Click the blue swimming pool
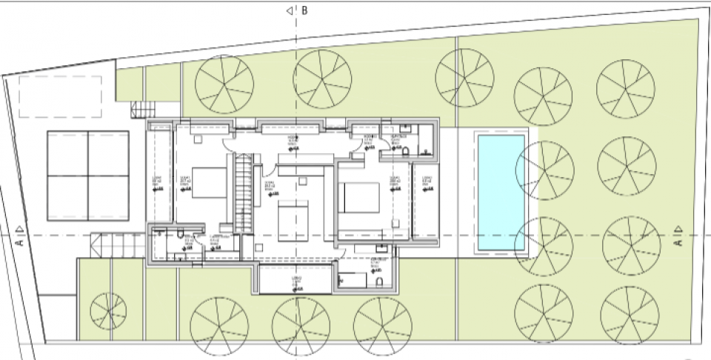tap(501, 193)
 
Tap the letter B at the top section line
tap(304, 10)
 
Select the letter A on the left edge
tap(21, 241)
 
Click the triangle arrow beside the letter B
tap(290, 10)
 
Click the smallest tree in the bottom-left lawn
tap(108, 311)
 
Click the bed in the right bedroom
tap(360, 196)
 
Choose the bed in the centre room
tap(293, 220)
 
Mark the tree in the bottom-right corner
tap(630, 313)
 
